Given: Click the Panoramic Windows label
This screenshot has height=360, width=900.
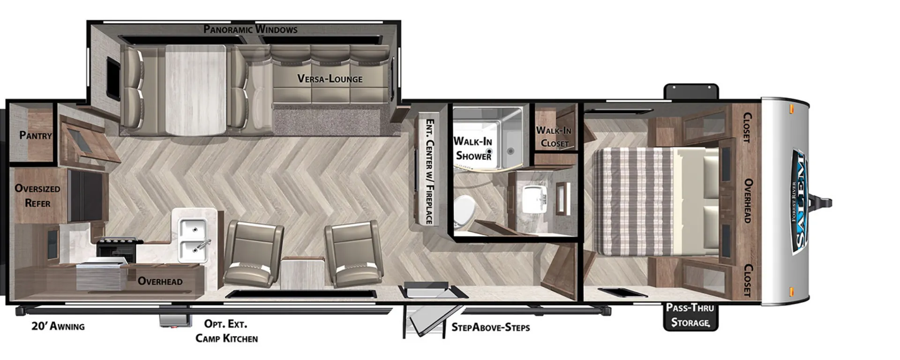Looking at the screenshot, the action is pyautogui.click(x=250, y=29).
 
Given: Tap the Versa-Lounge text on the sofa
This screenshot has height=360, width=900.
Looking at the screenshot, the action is pyautogui.click(x=330, y=78).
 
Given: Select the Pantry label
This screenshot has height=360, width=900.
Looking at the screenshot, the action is pyautogui.click(x=36, y=135).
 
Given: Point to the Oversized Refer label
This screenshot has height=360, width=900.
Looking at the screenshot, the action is pyautogui.click(x=37, y=196).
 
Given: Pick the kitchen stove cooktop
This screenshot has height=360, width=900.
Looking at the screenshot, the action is pyautogui.click(x=118, y=249).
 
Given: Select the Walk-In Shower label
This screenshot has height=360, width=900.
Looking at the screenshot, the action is pyautogui.click(x=473, y=148).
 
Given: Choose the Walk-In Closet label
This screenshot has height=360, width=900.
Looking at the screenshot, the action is pyautogui.click(x=554, y=137).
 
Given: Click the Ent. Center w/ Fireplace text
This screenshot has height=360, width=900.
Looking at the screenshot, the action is pyautogui.click(x=429, y=171).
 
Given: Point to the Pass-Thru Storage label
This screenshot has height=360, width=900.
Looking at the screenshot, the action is pyautogui.click(x=690, y=315).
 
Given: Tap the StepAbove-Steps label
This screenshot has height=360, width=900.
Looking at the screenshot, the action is pyautogui.click(x=491, y=327).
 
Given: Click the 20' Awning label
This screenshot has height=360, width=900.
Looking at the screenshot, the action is pyautogui.click(x=58, y=326).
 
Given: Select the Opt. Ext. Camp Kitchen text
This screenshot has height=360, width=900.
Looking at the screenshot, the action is pyautogui.click(x=226, y=331).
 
